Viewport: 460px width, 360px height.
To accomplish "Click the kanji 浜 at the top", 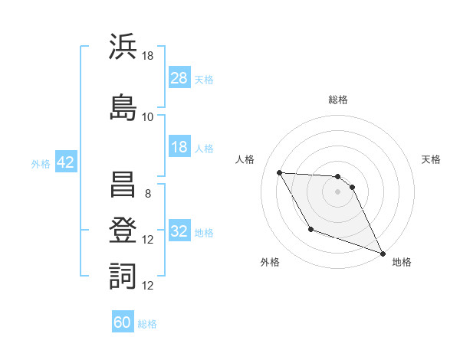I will coord(123,47).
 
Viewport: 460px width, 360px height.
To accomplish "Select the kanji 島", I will coord(123,105).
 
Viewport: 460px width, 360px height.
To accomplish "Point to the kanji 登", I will coord(123,229).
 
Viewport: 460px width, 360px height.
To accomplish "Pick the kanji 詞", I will coord(123,275).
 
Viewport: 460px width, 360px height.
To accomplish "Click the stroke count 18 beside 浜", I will coord(148,56).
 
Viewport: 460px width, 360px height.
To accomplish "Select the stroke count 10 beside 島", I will coord(148,116).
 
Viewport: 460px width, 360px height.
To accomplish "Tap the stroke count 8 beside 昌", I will coord(148,193).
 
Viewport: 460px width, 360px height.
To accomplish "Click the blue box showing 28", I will coord(179,77).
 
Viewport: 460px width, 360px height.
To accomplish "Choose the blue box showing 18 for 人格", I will coord(179,147).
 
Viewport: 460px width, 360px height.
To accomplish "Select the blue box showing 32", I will coord(179,231).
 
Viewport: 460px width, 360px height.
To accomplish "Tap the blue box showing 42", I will coord(64,162).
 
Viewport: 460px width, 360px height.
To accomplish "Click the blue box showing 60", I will coord(123,322).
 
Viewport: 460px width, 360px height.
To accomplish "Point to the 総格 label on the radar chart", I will coord(338,100).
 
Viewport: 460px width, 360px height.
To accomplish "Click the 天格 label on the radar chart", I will coord(431,159).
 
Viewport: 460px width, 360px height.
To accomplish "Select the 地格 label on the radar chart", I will coord(402,262).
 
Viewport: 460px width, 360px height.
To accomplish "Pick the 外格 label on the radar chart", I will coord(270,262).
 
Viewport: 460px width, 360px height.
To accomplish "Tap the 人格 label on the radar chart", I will coord(245,159).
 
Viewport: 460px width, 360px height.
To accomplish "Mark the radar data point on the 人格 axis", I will coord(279,172).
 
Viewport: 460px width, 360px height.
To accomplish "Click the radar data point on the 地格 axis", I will coord(383,254).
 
